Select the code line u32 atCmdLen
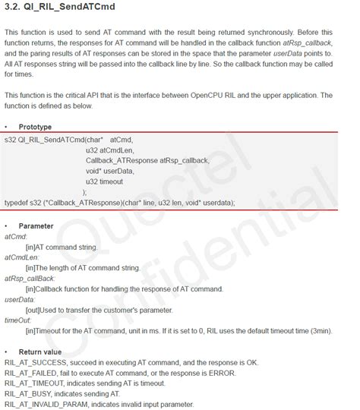(x=111, y=150)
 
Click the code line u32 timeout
(x=107, y=181)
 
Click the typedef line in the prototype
(x=120, y=203)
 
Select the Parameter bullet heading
(x=36, y=226)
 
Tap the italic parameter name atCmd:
(x=16, y=237)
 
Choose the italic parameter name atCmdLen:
(x=21, y=257)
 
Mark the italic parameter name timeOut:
(x=18, y=321)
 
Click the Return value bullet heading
(x=40, y=352)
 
